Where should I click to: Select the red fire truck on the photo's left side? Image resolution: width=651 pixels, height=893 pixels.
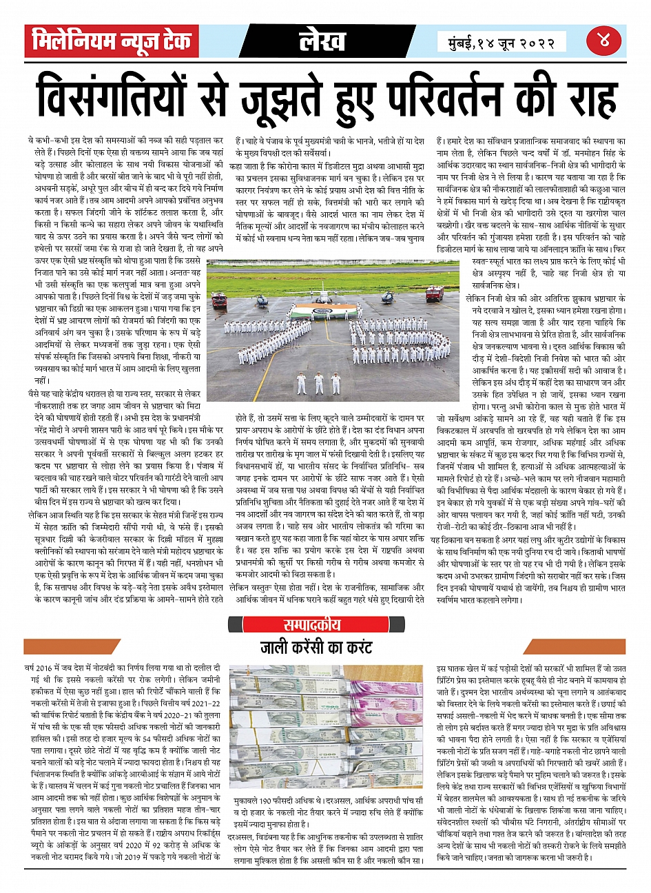(220, 300)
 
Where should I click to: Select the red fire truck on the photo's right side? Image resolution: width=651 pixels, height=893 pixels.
(435, 294)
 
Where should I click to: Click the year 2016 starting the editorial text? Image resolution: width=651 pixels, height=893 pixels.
(44, 668)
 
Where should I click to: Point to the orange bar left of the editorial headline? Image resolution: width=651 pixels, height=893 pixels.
(121, 647)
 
